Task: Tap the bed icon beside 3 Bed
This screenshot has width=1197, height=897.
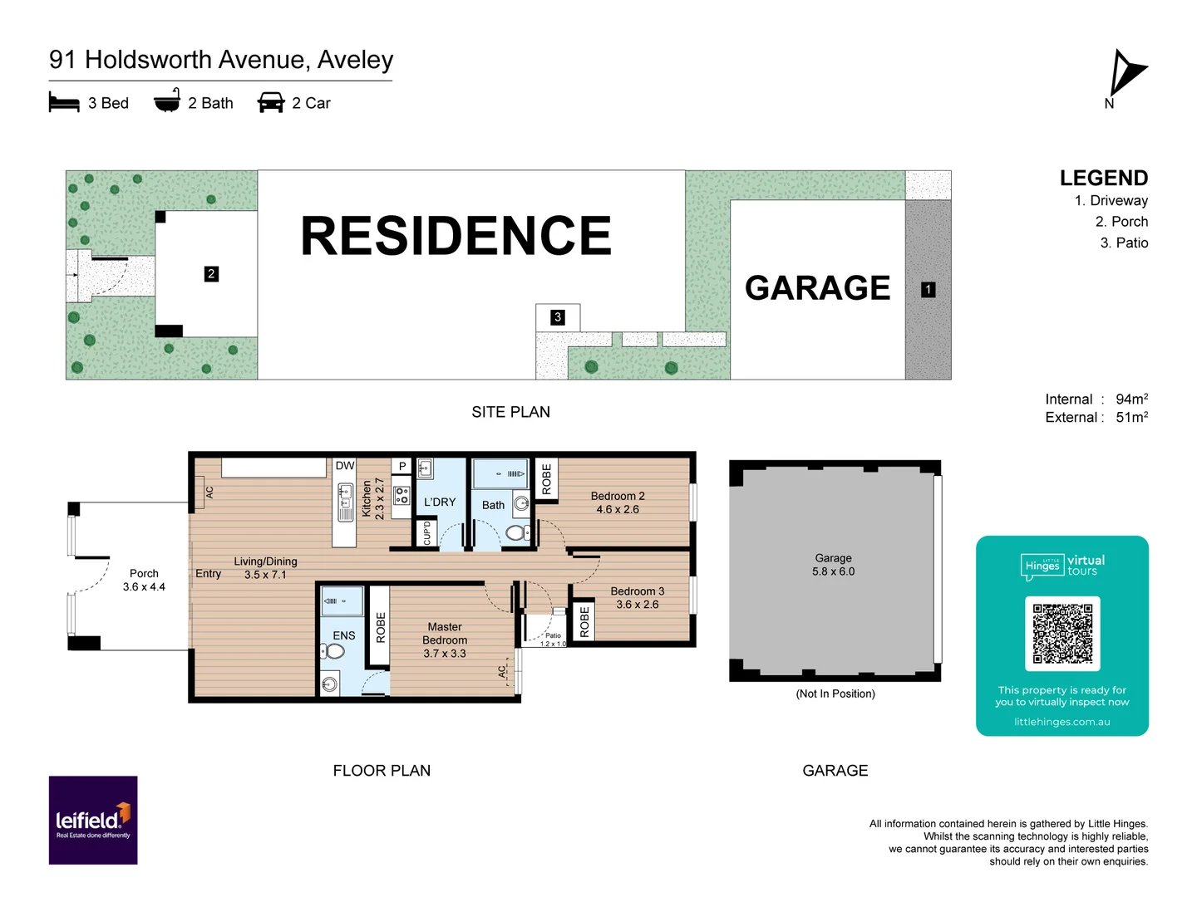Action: (x=64, y=103)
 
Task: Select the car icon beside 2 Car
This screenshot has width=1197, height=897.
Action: (x=271, y=103)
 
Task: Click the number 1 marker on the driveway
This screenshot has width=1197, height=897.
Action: (x=929, y=290)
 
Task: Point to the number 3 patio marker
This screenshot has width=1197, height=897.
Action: (x=558, y=317)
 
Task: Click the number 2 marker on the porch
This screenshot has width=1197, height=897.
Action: (x=211, y=274)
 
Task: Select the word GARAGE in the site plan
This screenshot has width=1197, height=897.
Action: (x=817, y=288)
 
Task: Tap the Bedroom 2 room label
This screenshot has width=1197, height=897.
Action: (x=618, y=496)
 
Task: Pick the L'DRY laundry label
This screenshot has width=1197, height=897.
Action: (x=440, y=502)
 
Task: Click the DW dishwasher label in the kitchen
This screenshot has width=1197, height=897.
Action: (x=345, y=466)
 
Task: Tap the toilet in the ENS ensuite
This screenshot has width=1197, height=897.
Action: (x=333, y=651)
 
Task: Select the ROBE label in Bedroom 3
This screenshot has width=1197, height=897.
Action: (x=584, y=622)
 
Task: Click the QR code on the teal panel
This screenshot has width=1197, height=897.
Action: (x=1062, y=633)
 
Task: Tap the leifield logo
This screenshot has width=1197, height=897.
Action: (x=93, y=821)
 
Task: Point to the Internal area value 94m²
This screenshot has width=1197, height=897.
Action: (x=1131, y=399)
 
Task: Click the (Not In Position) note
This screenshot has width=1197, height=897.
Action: (x=835, y=694)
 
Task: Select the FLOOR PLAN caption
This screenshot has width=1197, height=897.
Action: (x=382, y=771)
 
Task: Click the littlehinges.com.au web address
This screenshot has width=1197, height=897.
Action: (x=1062, y=722)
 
